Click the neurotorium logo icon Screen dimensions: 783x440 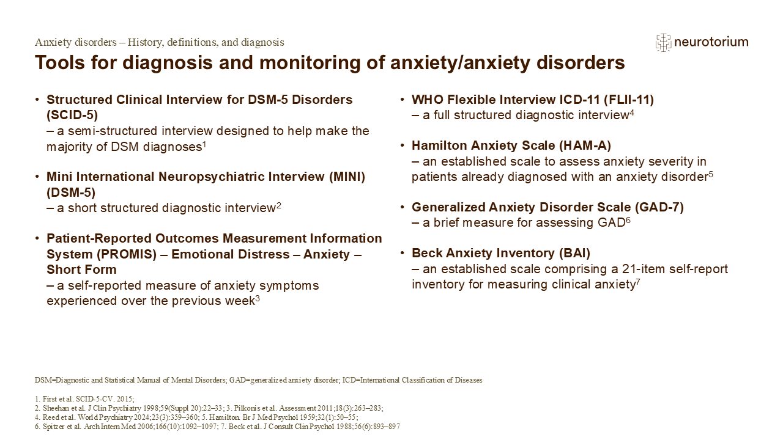(663, 43)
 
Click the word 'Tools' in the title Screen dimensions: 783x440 (60, 63)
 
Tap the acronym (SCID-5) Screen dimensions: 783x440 (72, 116)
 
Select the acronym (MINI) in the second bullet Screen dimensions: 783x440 (347, 177)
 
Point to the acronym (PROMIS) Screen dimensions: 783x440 (127, 254)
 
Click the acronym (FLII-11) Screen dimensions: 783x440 (628, 100)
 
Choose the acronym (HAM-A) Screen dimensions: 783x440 (585, 145)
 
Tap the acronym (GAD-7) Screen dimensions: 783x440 (659, 207)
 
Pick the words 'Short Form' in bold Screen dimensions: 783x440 (81, 269)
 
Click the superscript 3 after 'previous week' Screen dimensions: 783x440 (258, 299)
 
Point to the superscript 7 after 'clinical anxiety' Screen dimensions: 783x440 (638, 282)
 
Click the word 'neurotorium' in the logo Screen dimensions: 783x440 (711, 42)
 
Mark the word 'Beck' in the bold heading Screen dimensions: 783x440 (426, 253)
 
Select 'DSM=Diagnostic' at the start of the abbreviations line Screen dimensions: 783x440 (58, 380)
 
